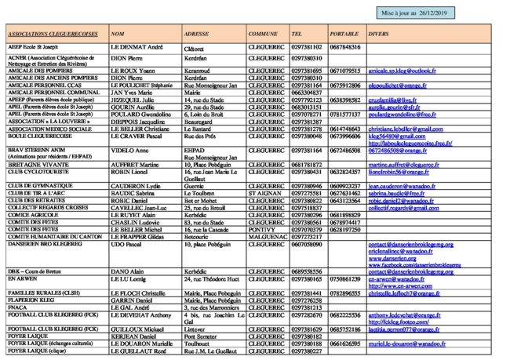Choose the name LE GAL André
point(130,308)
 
